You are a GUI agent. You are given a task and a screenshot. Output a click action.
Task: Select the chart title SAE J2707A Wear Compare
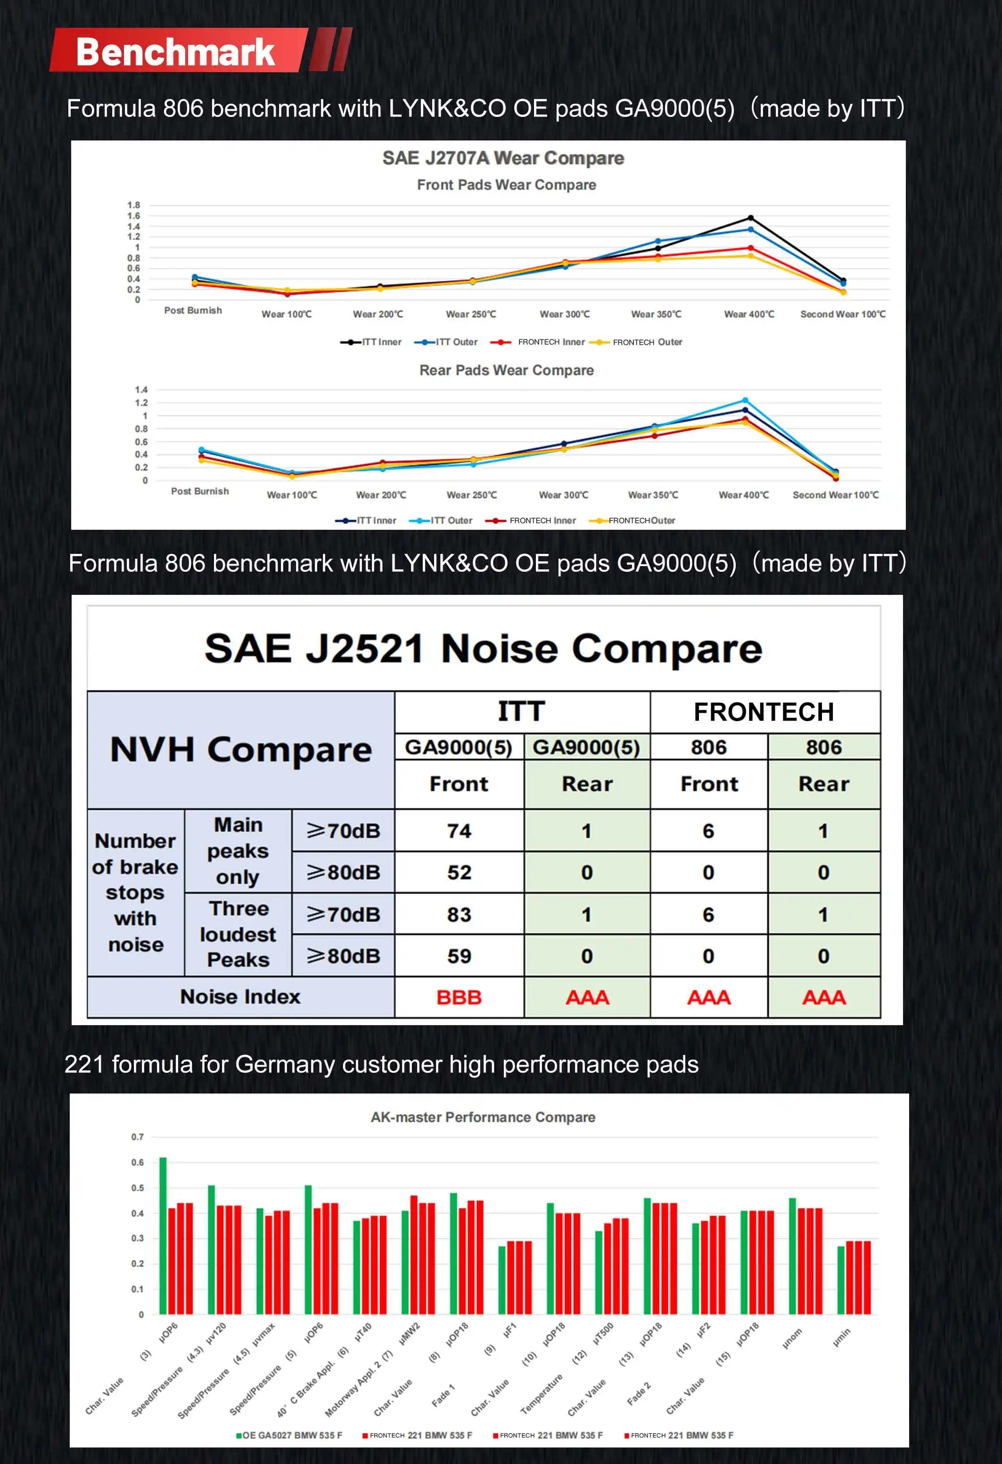(x=503, y=158)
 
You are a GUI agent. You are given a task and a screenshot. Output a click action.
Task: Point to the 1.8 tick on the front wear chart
(x=133, y=205)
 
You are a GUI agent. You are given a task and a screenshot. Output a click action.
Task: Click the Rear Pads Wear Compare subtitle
(x=506, y=370)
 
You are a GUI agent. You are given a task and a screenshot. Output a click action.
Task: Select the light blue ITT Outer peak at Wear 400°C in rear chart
(x=745, y=401)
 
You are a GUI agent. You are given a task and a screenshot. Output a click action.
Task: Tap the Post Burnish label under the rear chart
(x=200, y=491)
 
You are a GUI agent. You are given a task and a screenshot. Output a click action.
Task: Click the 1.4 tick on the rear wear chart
(x=141, y=389)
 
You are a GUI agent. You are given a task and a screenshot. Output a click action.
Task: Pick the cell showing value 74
(x=459, y=831)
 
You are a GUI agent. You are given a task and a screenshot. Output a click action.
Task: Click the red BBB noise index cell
(x=459, y=997)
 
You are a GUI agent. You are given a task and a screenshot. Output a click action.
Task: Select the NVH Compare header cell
(x=240, y=749)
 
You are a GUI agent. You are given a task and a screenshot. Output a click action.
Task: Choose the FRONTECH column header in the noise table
(x=764, y=712)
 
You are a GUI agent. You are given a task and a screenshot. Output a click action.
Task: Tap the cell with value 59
(x=459, y=956)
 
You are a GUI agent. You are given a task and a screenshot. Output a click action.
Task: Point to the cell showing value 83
(x=459, y=915)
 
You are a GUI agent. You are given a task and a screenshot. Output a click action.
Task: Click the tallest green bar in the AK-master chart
(x=163, y=1235)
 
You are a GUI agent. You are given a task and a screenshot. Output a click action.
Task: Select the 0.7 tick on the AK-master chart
(x=137, y=1137)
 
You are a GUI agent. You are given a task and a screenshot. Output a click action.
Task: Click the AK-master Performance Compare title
(x=483, y=1117)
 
